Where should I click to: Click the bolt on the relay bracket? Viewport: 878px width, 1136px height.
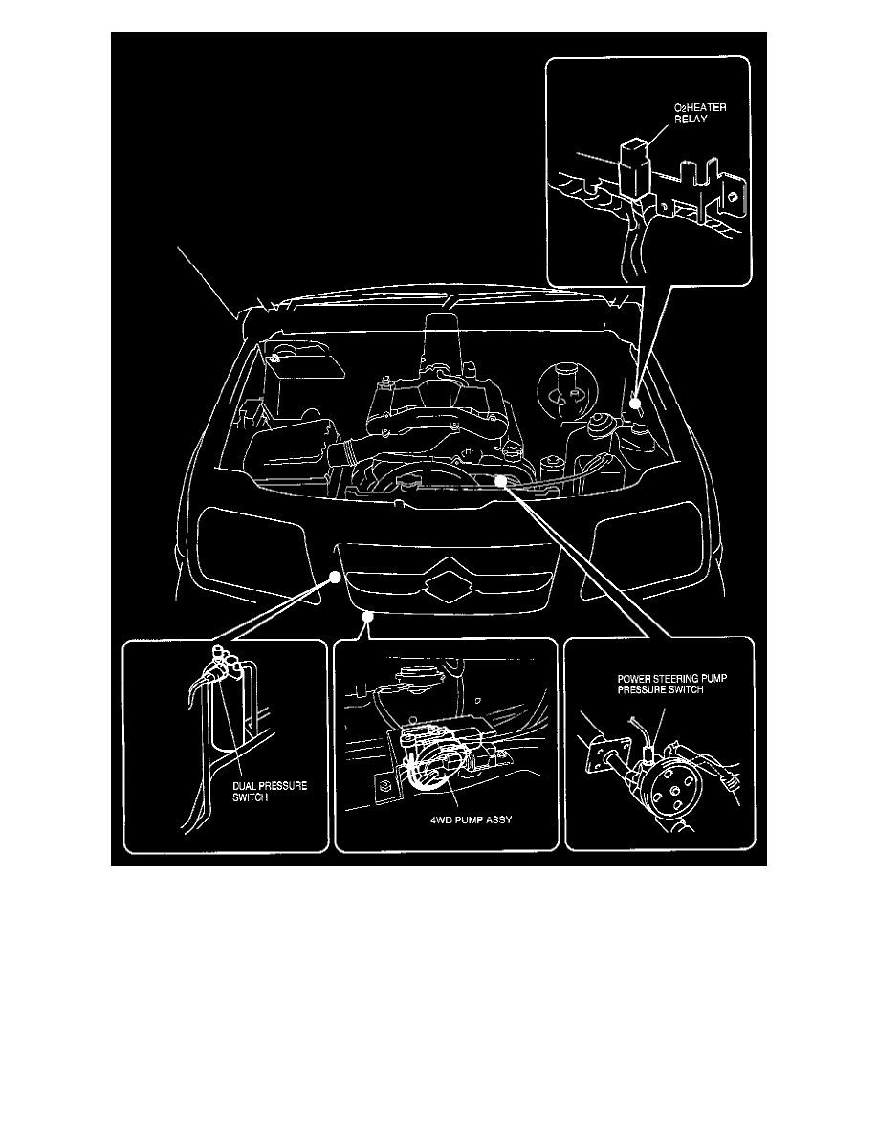[x=730, y=197]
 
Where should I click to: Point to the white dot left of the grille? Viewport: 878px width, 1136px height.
[x=336, y=576]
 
